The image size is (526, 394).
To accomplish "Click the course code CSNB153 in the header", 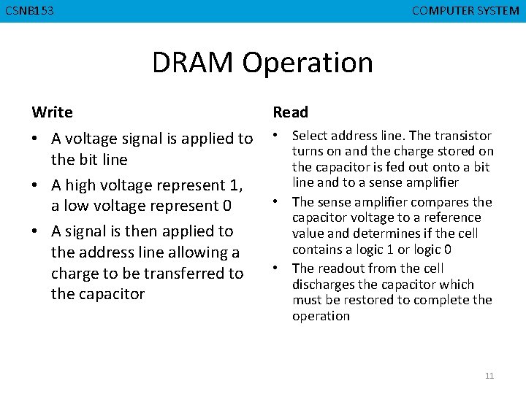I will (x=29, y=11).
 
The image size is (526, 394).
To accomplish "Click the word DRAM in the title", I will (x=194, y=63).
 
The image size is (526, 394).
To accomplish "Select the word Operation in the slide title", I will (x=308, y=63).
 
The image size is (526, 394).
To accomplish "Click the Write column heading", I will (x=52, y=112).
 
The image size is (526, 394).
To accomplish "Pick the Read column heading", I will (x=291, y=112).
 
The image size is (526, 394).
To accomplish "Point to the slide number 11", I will (x=489, y=376).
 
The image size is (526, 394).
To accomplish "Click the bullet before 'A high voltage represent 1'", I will (x=37, y=185).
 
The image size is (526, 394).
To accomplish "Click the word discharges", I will (x=322, y=285).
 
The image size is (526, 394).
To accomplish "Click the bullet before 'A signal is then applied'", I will (x=37, y=231).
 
